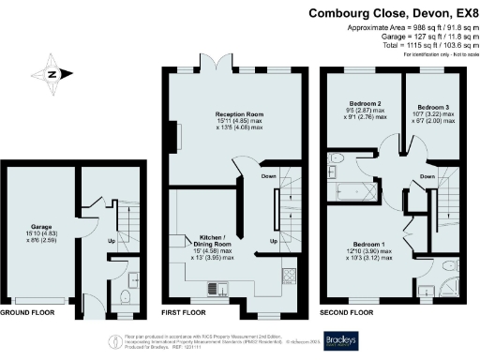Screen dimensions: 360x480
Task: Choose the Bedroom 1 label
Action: [367, 242]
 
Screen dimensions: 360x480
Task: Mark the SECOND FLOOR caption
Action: [348, 311]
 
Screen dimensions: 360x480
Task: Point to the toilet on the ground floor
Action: [124, 298]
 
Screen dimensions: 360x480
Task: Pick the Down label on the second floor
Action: [427, 176]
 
